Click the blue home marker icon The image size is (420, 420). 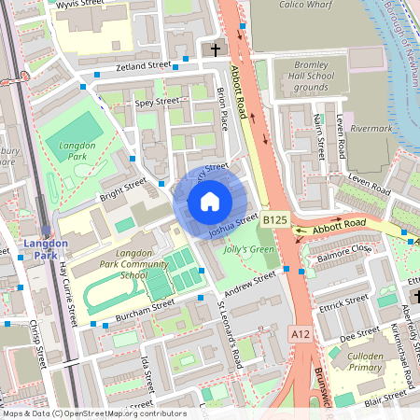(210, 202)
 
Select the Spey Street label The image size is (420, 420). (156, 101)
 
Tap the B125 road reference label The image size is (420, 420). (273, 219)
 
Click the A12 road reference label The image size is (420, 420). (300, 333)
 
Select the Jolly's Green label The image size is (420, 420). (249, 249)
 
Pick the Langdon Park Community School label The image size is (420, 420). (133, 264)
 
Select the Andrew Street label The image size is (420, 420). (252, 282)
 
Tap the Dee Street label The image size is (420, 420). (360, 332)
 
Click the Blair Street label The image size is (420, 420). (385, 396)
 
